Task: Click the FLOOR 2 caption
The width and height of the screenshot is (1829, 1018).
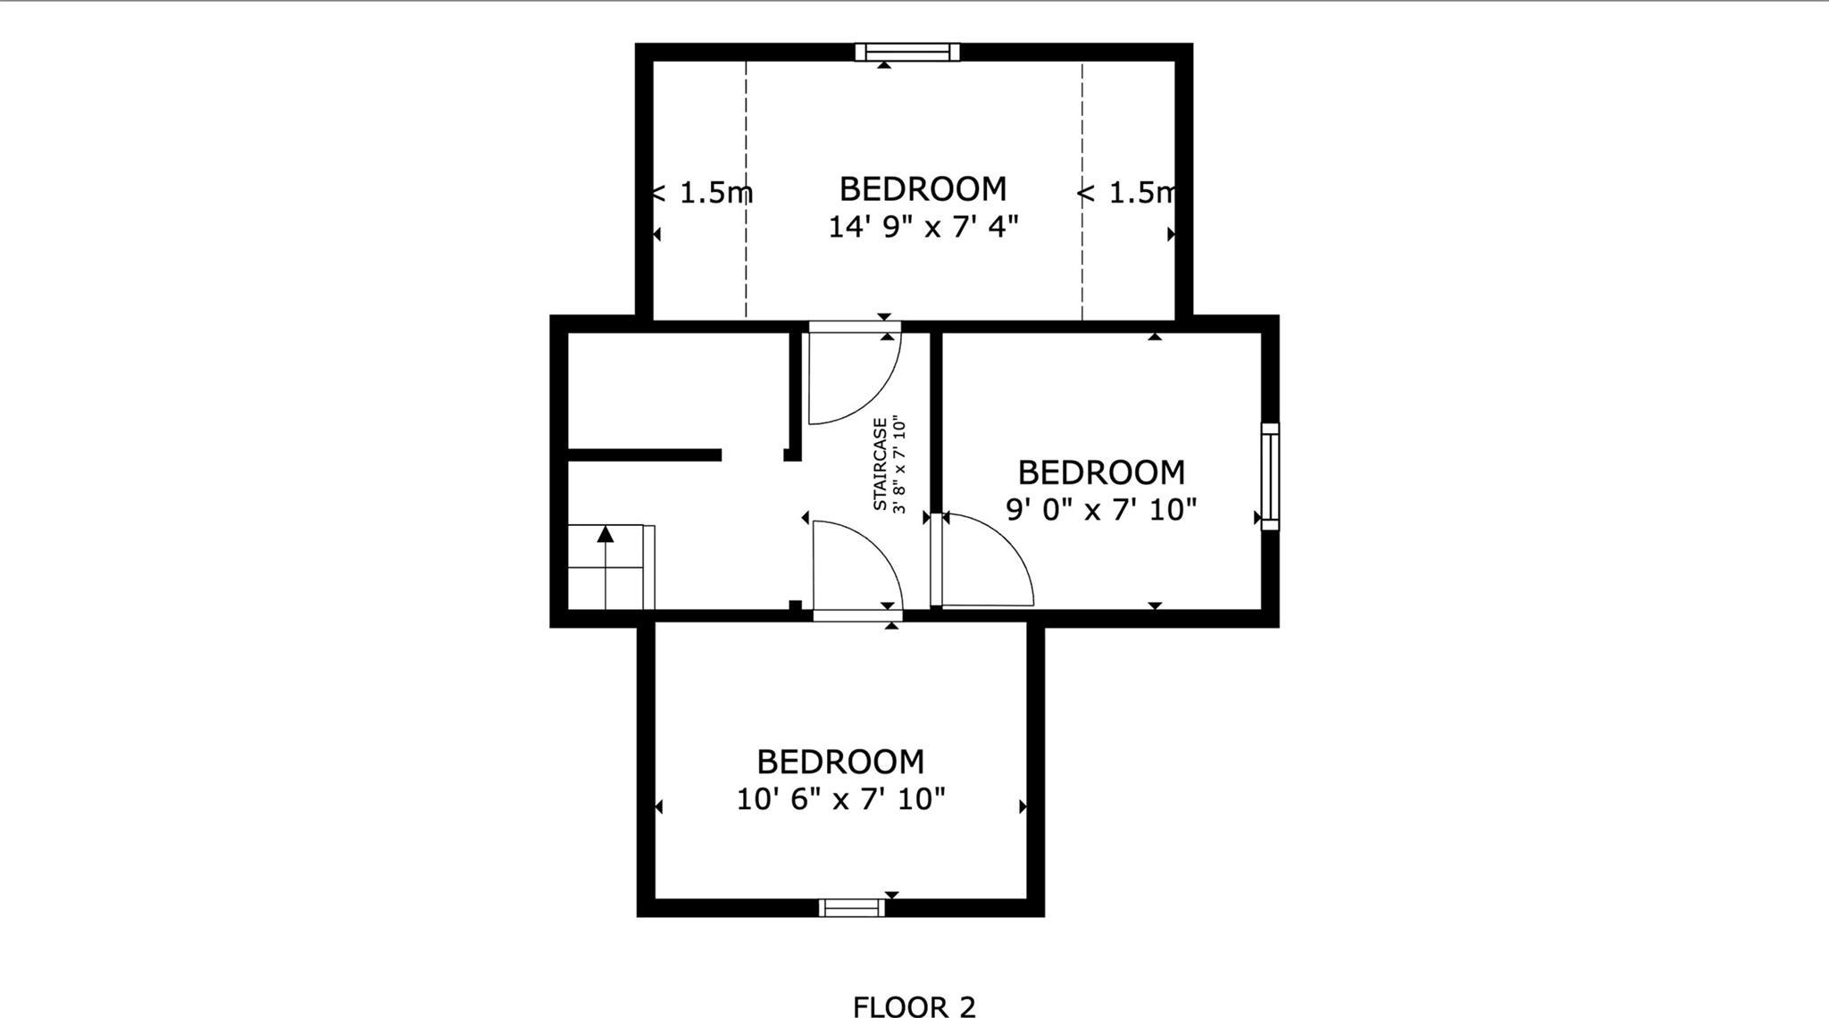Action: pyautogui.click(x=914, y=1006)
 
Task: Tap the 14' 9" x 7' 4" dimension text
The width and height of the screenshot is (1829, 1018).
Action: pyautogui.click(x=923, y=227)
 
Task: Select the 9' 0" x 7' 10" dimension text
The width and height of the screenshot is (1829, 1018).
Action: pyautogui.click(x=1101, y=509)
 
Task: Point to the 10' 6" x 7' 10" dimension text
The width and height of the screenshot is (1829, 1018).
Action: pyautogui.click(x=840, y=798)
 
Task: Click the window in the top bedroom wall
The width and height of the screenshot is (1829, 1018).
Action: pyautogui.click(x=907, y=52)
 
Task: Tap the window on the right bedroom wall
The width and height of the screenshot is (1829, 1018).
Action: pyautogui.click(x=1269, y=477)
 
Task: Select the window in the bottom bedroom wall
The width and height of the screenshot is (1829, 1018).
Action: pyautogui.click(x=852, y=907)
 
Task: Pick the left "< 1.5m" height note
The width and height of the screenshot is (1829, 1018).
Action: pyautogui.click(x=703, y=192)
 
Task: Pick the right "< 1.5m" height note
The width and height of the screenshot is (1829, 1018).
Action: pyautogui.click(x=1127, y=192)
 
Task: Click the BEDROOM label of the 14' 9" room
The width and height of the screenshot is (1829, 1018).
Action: pyautogui.click(x=923, y=189)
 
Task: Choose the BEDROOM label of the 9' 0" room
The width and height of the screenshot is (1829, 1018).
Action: pyautogui.click(x=1101, y=471)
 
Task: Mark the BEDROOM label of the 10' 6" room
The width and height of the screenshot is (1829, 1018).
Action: pyautogui.click(x=840, y=762)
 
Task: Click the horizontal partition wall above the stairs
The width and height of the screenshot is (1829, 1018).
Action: pyautogui.click(x=643, y=455)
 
